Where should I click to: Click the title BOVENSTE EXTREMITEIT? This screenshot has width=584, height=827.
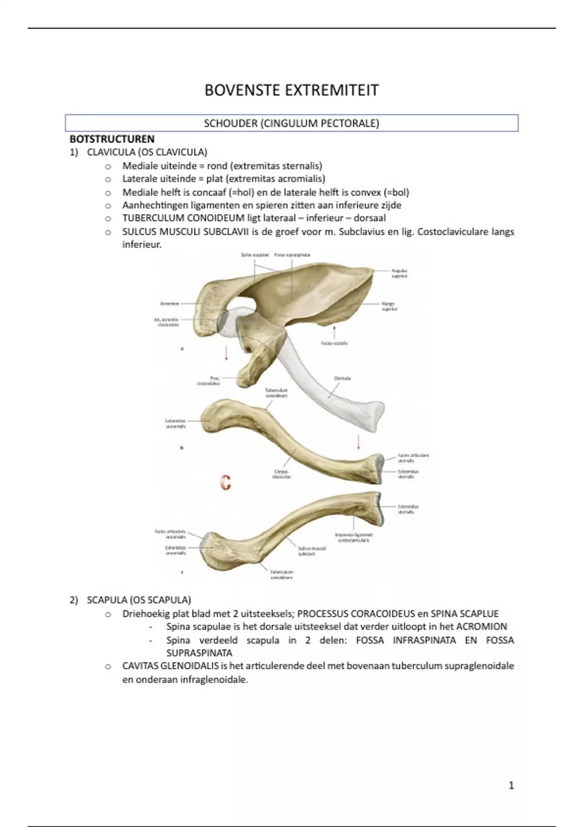(291, 90)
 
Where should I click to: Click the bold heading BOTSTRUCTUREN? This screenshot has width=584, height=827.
(112, 139)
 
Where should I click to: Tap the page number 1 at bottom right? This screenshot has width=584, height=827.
(511, 785)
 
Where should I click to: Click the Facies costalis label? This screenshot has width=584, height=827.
(334, 343)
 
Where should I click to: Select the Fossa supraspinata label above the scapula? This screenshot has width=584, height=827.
(292, 254)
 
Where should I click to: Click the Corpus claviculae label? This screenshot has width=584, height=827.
(281, 474)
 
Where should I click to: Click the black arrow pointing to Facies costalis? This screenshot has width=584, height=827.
(334, 332)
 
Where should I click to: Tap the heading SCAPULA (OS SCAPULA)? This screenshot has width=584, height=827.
(139, 600)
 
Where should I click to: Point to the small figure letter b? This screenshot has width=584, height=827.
(182, 448)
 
